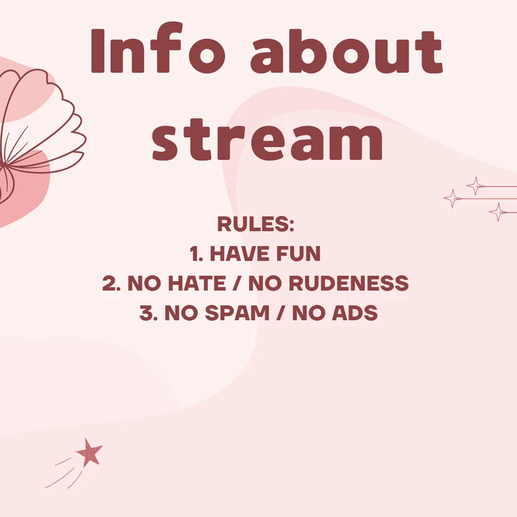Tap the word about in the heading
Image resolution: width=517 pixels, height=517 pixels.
(x=347, y=51)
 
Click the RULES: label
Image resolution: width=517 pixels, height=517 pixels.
(x=256, y=224)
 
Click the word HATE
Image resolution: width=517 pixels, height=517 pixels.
(x=197, y=283)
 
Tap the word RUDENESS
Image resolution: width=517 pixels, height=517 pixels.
(x=351, y=283)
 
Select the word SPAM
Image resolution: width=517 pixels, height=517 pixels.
(x=237, y=313)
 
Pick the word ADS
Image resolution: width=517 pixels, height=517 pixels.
(x=355, y=313)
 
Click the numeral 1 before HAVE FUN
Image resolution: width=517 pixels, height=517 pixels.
(x=194, y=254)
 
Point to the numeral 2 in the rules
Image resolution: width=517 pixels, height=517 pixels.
(x=109, y=283)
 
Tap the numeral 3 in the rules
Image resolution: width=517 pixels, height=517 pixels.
(x=146, y=313)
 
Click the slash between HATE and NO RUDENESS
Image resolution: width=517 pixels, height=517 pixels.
(x=236, y=283)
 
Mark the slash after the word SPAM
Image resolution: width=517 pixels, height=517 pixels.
(x=281, y=313)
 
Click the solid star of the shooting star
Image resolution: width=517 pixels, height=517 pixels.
(x=89, y=452)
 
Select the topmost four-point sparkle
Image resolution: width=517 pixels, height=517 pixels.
(x=476, y=186)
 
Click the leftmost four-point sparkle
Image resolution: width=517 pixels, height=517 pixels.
(x=453, y=198)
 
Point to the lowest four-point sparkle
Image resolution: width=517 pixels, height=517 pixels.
(x=498, y=212)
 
